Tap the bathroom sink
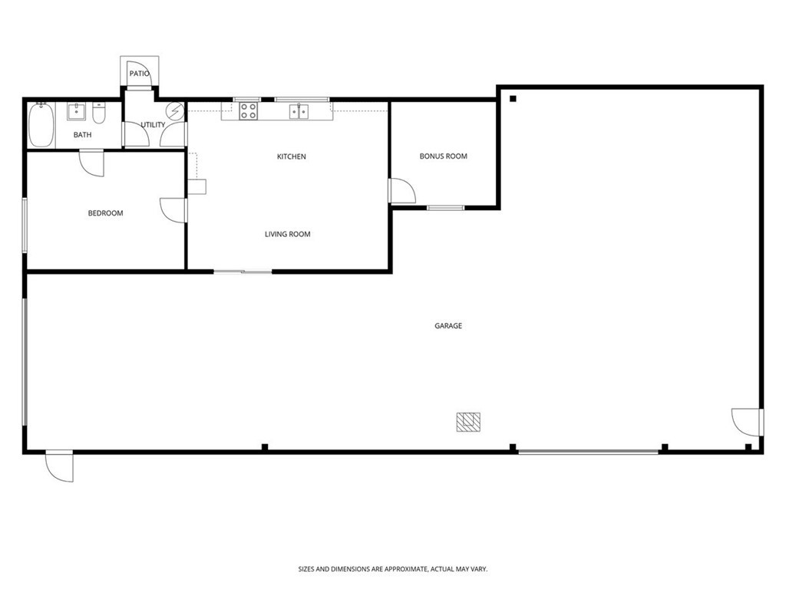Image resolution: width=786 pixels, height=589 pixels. (77, 112)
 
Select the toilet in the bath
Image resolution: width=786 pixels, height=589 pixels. (98, 114)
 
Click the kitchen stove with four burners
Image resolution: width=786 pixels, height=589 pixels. (248, 112)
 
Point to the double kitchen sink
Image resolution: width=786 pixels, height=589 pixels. (299, 112)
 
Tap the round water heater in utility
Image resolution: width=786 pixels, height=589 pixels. (176, 112)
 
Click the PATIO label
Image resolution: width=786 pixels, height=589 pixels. (139, 74)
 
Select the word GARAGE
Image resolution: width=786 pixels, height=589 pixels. (448, 326)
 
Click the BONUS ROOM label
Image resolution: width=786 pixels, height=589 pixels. (443, 156)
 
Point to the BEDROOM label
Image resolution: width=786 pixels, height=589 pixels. (105, 213)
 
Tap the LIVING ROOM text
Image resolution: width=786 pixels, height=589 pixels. (287, 234)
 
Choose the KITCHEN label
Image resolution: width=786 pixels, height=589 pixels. (291, 156)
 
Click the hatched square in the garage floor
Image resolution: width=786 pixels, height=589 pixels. (468, 422)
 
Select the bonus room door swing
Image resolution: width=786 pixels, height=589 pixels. (401, 191)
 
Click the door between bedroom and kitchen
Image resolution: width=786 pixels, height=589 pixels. (173, 210)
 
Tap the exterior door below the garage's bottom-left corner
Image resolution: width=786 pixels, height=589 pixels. (60, 466)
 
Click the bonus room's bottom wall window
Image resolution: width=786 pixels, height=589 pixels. (445, 208)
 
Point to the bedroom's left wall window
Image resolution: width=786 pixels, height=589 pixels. (25, 224)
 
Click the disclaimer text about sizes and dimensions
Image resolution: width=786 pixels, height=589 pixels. (392, 569)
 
